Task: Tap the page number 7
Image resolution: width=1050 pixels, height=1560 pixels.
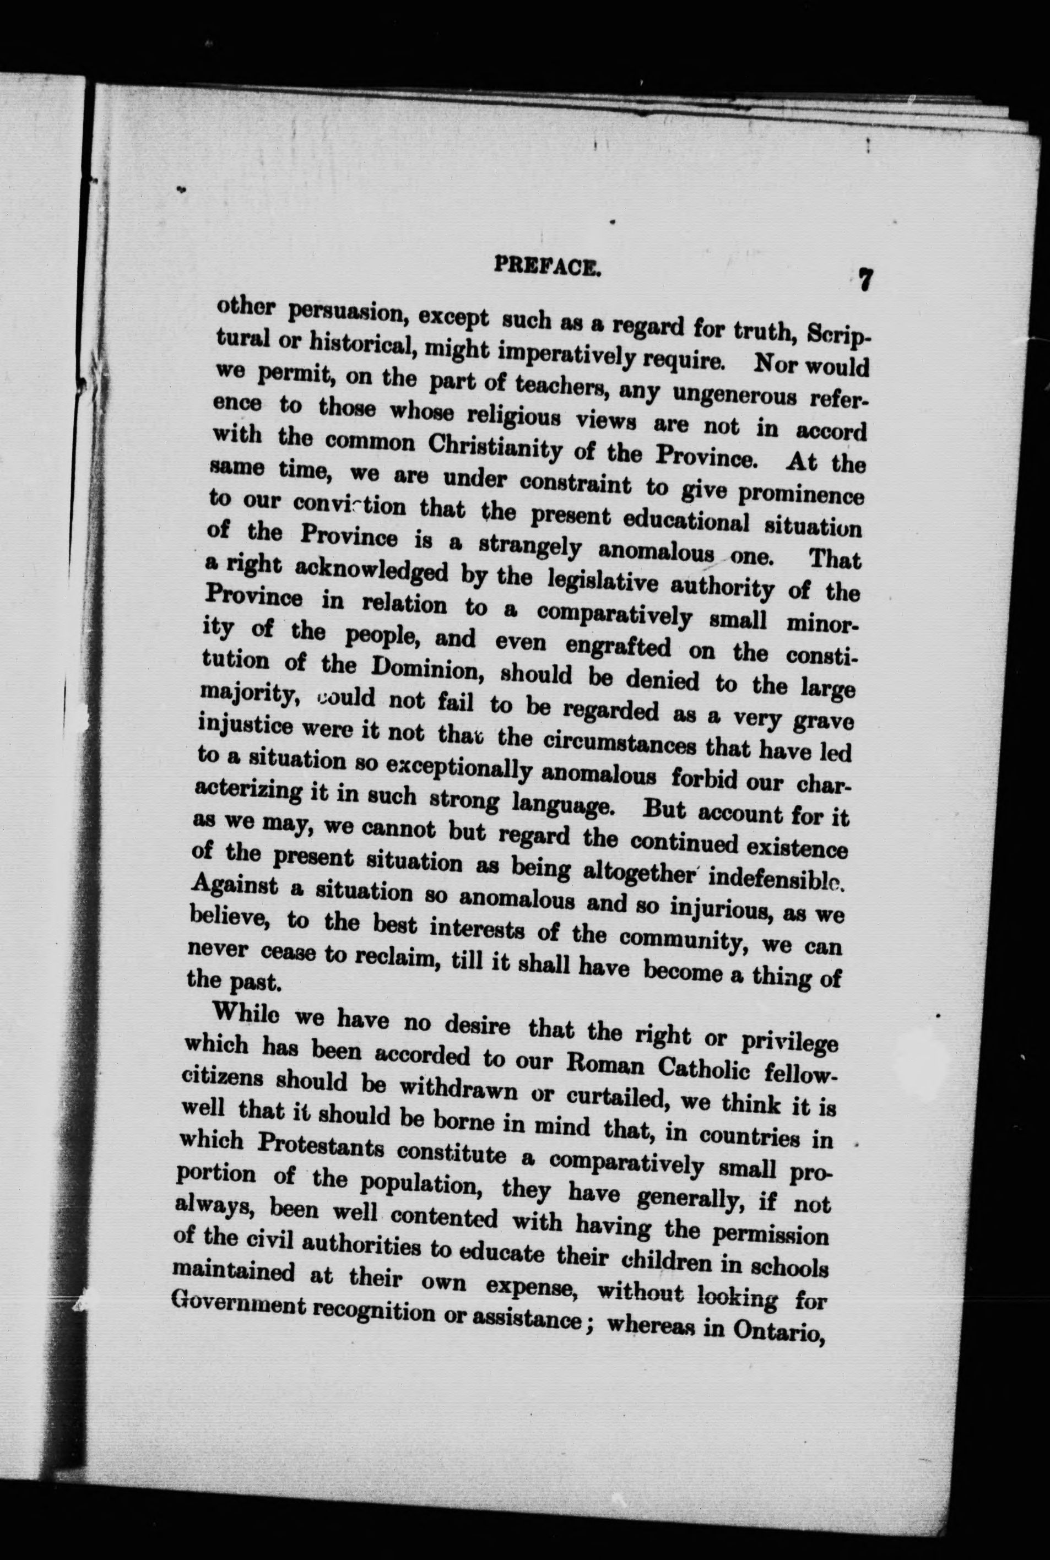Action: coord(865,279)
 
